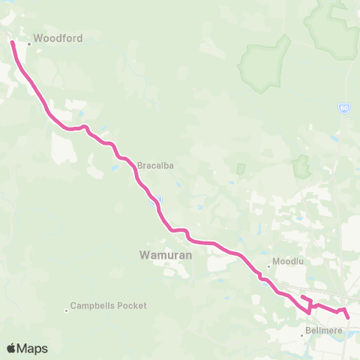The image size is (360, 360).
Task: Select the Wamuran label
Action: pyautogui.click(x=166, y=255)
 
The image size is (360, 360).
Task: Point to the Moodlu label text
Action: pyautogui.click(x=288, y=263)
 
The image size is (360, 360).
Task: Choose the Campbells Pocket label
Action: pyautogui.click(x=108, y=306)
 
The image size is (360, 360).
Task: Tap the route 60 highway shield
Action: pyautogui.click(x=343, y=108)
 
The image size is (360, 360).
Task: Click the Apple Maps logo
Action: pyautogui.click(x=27, y=348)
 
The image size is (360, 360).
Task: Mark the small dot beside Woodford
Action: pyautogui.click(x=29, y=43)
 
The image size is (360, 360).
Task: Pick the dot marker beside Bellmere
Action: pyautogui.click(x=303, y=334)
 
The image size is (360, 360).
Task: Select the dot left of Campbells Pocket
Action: pyautogui.click(x=65, y=306)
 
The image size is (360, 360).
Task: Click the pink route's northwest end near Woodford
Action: pyautogui.click(x=12, y=43)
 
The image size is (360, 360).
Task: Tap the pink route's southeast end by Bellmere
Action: pyautogui.click(x=349, y=317)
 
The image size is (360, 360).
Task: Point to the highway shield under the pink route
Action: pyautogui.click(x=155, y=200)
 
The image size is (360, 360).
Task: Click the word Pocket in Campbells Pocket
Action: pyautogui.click(x=131, y=306)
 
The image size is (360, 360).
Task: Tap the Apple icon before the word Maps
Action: pyautogui.click(x=12, y=348)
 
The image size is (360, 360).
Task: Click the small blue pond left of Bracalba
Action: pyautogui.click(x=115, y=167)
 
